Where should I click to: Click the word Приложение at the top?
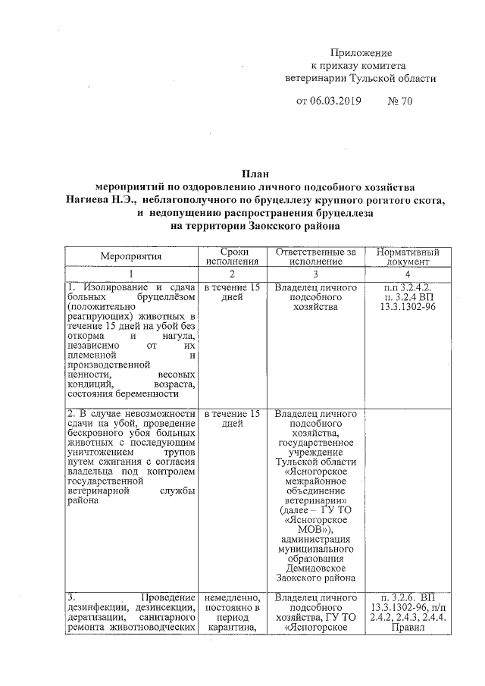tap(361, 53)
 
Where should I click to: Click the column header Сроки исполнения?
tap(233, 256)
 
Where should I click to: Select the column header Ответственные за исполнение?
tap(315, 256)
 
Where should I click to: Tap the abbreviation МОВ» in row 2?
tap(315, 529)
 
